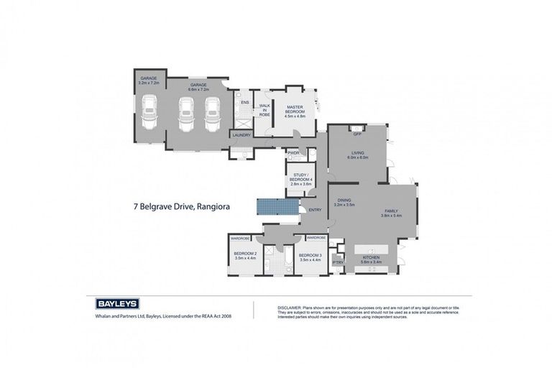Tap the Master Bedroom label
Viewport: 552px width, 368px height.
click(295, 109)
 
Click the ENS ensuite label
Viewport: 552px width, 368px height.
click(244, 103)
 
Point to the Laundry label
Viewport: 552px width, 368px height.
click(241, 134)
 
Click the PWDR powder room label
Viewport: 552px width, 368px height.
click(293, 153)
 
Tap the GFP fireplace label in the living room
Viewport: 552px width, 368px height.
click(356, 134)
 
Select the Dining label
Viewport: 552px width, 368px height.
click(344, 201)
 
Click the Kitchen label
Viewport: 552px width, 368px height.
click(372, 258)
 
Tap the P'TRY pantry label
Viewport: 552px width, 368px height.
click(337, 262)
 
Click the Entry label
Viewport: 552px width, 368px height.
click(315, 210)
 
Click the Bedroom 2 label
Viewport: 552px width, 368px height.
click(245, 254)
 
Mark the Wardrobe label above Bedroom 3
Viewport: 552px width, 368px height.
click(317, 237)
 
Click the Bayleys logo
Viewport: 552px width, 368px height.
click(117, 303)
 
